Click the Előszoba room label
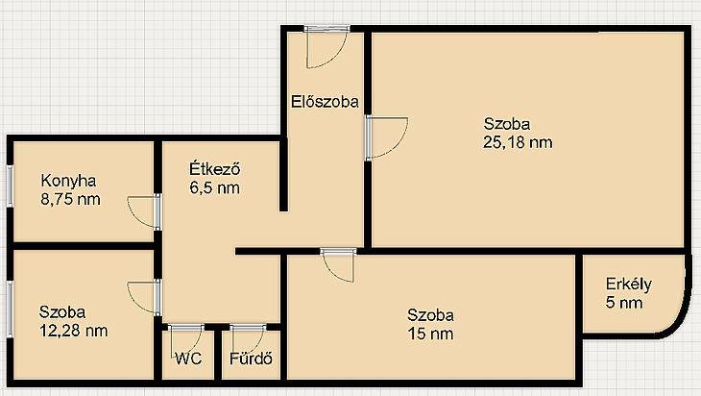pos(325,102)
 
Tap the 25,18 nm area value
pos(518,142)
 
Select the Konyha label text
pos(68,181)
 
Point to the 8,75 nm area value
pos(71,199)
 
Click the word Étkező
pos(215,169)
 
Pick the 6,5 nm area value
pos(214,187)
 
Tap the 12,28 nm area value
pos(74,331)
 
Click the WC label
pos(188,359)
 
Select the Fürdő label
pos(252,359)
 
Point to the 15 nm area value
pos(430,334)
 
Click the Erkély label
pos(629,285)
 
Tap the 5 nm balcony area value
pos(624,303)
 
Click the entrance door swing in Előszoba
pos(326,47)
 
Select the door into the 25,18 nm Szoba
pos(386,137)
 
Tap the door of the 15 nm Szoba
pos(338,266)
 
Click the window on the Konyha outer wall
pos(9,186)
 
